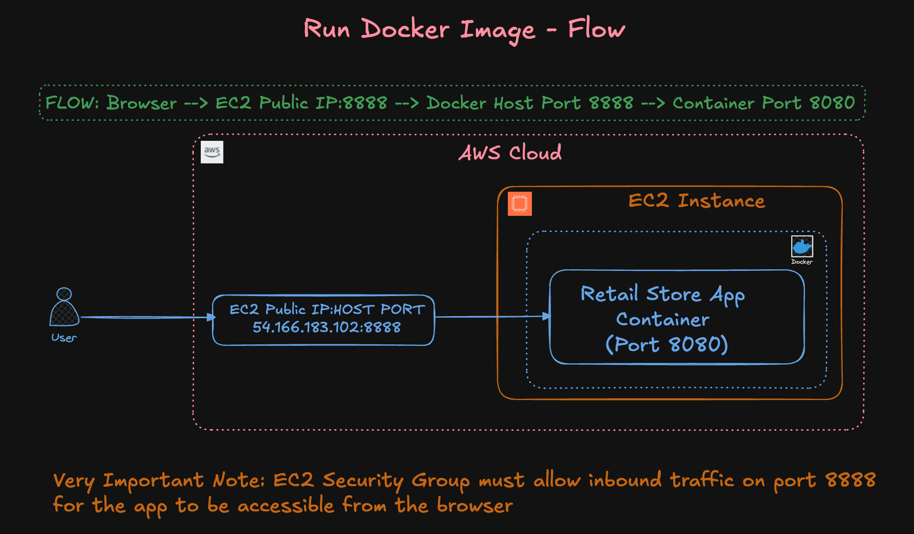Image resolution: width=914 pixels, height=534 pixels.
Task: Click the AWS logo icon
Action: pyautogui.click(x=212, y=152)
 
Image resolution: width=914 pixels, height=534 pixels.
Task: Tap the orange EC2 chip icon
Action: pyautogui.click(x=520, y=204)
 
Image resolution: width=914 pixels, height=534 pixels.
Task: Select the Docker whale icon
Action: pyautogui.click(x=802, y=247)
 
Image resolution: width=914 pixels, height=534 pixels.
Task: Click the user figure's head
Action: pyautogui.click(x=64, y=294)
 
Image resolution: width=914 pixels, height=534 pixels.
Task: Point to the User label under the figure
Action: pyautogui.click(x=64, y=338)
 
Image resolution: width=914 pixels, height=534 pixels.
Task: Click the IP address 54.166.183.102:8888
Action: pyautogui.click(x=327, y=327)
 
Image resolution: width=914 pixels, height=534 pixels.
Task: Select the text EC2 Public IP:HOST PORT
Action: pyautogui.click(x=327, y=309)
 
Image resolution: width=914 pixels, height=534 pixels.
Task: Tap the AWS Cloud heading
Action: pyautogui.click(x=510, y=153)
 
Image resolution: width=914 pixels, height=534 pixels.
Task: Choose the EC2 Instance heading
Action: pyautogui.click(x=696, y=200)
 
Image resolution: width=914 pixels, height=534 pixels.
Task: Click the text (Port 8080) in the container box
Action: pyautogui.click(x=667, y=344)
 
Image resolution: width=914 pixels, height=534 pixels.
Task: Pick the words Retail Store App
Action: pyautogui.click(x=662, y=294)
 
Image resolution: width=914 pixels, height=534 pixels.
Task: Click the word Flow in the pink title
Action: pyautogui.click(x=597, y=29)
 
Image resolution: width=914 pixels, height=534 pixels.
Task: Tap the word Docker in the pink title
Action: pyautogui.click(x=405, y=29)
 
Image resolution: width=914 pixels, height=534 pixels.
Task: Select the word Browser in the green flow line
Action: pyautogui.click(x=142, y=103)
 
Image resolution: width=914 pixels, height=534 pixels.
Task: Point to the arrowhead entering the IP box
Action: pyautogui.click(x=211, y=317)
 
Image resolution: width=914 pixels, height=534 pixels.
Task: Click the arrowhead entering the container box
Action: pyautogui.click(x=546, y=317)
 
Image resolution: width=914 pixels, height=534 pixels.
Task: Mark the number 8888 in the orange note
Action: pyautogui.click(x=850, y=480)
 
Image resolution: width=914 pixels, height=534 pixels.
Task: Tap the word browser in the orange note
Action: pyautogui.click(x=474, y=506)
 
